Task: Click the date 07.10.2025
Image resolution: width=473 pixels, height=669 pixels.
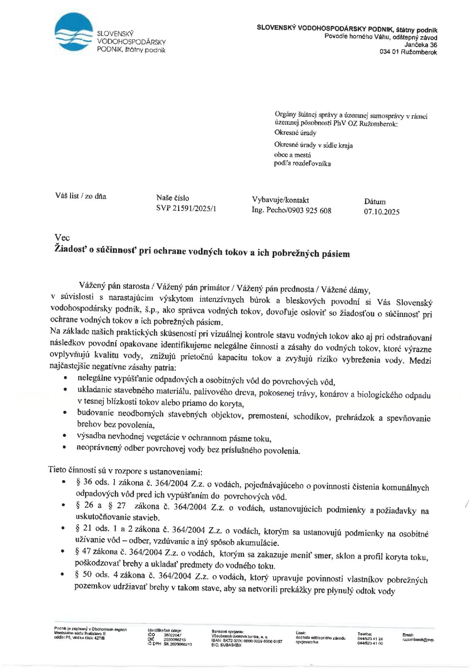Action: pos(382,212)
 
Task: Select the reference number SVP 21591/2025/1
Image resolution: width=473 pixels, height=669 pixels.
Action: pos(186,208)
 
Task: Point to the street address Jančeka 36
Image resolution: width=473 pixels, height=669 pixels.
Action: pos(421,45)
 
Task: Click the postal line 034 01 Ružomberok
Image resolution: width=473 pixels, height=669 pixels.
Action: pos(408,52)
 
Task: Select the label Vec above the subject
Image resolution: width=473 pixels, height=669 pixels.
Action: pos(62,238)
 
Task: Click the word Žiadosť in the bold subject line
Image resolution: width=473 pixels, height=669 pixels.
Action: pos(70,250)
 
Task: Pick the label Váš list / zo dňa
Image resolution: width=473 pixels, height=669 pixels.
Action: pos(81,196)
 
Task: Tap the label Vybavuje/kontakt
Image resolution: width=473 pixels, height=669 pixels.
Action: pos(280,200)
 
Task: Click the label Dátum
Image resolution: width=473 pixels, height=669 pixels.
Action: pos(375,202)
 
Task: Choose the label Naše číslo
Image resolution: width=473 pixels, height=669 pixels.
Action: pos(173,198)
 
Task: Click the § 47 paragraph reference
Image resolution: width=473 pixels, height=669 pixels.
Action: pos(84,552)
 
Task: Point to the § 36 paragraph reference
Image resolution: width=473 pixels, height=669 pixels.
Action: pos(84,482)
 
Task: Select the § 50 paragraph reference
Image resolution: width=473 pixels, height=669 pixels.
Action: pos(84,574)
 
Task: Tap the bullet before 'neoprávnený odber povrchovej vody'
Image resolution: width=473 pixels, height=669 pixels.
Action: pos(65,447)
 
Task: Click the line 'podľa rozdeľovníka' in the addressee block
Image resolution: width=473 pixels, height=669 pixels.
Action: pos(302,163)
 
